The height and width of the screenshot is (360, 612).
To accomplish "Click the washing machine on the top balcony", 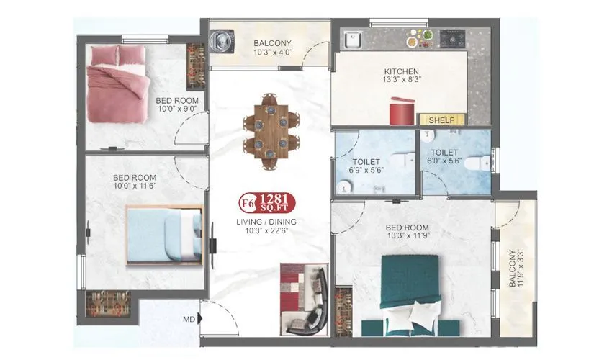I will pos(224,40).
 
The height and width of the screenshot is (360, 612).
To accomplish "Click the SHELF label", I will pos(441,120).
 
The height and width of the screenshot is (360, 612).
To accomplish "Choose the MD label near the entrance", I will pos(188,318).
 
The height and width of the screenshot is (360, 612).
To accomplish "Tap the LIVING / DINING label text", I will pos(267,222).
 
